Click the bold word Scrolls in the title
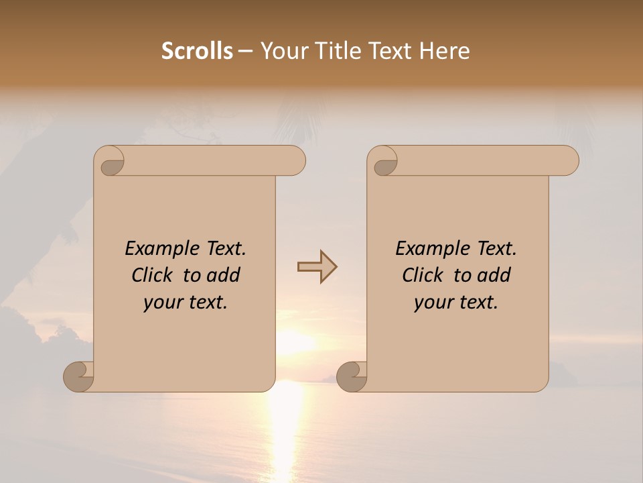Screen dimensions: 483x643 pos(197,51)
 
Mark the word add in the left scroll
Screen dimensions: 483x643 pos(224,275)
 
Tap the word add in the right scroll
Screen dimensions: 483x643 pos(495,275)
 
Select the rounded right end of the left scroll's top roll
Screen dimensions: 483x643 pos(295,161)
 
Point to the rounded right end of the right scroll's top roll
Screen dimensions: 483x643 pos(568,161)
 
